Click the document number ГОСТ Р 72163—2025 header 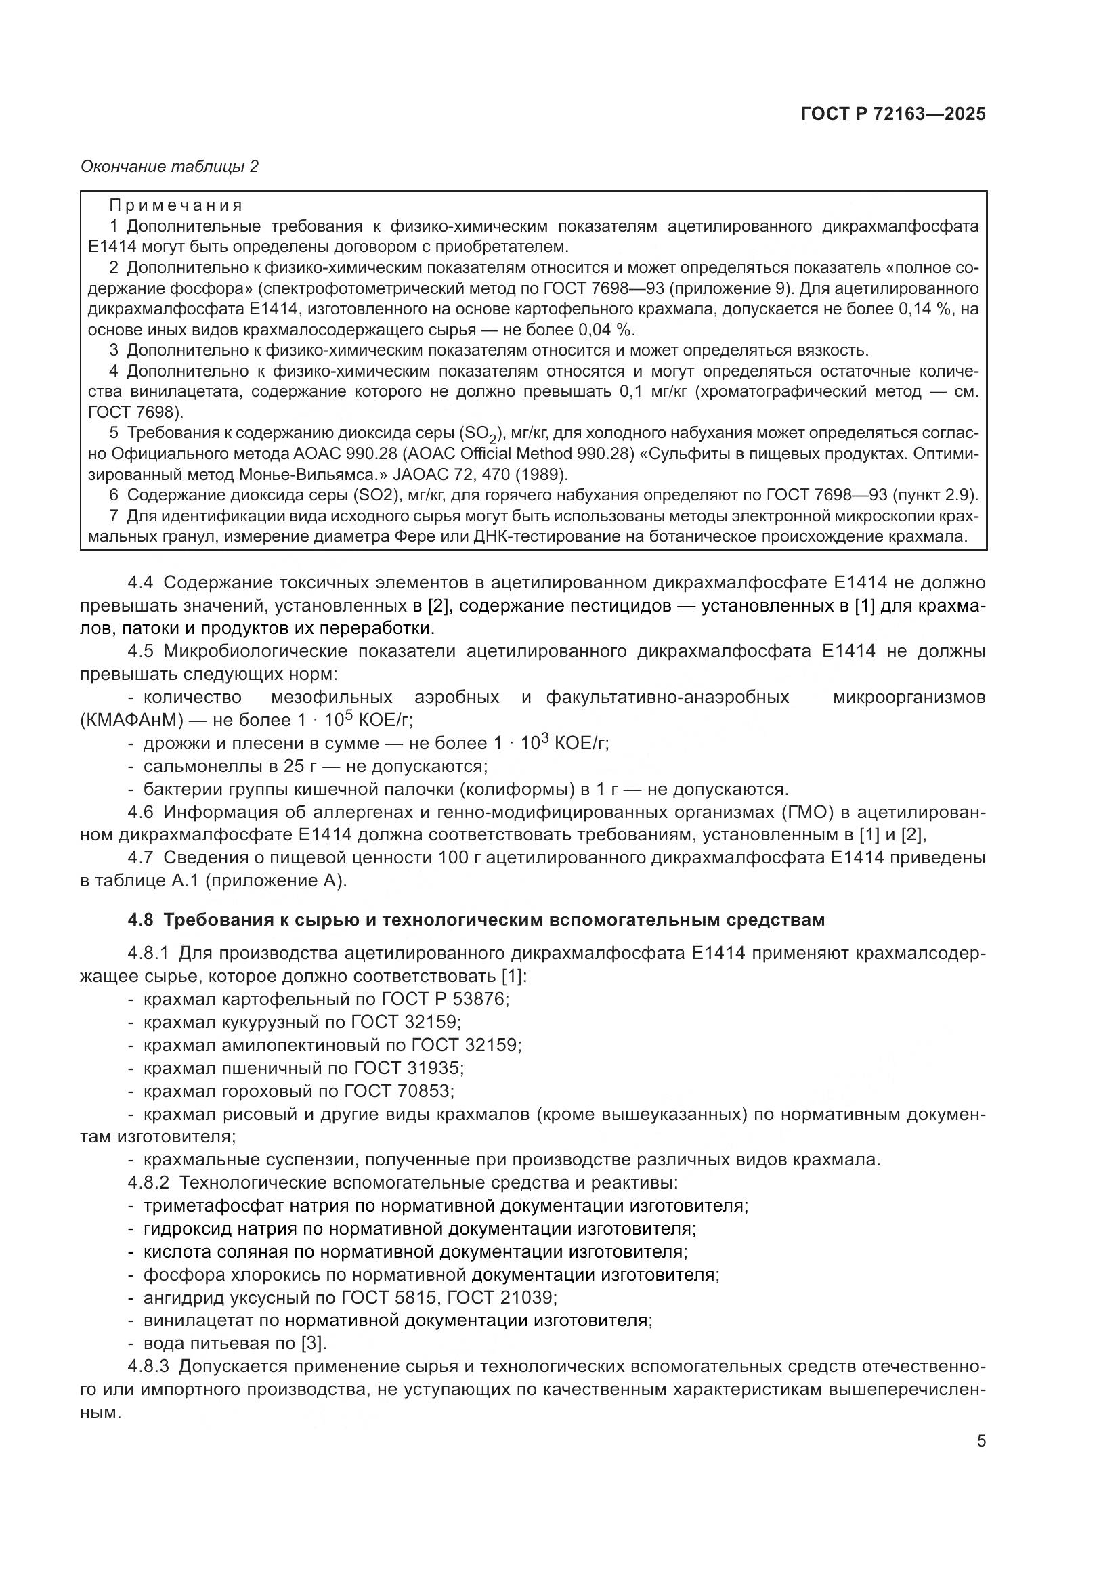tap(893, 114)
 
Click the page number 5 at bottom tap(981, 1441)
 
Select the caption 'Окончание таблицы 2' tap(170, 167)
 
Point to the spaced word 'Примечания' tap(176, 206)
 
